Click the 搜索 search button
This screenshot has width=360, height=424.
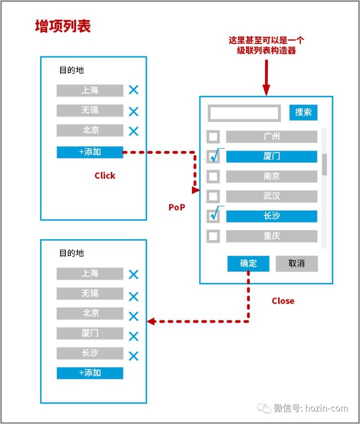click(x=303, y=112)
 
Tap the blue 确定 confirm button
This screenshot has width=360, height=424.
click(x=248, y=263)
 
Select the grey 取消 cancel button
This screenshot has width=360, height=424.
click(x=296, y=263)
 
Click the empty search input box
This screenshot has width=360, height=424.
click(x=244, y=113)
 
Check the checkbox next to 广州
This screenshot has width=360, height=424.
click(x=213, y=137)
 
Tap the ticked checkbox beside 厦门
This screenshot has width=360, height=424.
click(x=213, y=157)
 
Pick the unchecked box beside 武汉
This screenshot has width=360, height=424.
click(x=213, y=196)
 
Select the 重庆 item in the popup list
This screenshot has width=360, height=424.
click(x=271, y=236)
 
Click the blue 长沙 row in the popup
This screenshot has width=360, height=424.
click(x=271, y=216)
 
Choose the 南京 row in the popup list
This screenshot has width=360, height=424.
click(x=271, y=176)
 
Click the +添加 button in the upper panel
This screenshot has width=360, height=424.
click(x=90, y=152)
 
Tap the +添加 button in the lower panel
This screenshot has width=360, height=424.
click(x=90, y=373)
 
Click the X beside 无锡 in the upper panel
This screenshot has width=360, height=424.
click(x=133, y=111)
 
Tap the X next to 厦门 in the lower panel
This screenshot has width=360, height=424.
click(x=133, y=336)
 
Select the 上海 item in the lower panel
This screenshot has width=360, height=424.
click(x=90, y=274)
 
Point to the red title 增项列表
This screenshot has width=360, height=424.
click(x=63, y=26)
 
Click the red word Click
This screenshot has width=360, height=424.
click(x=105, y=176)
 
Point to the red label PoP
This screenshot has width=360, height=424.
click(x=177, y=207)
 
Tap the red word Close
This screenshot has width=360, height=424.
click(x=283, y=301)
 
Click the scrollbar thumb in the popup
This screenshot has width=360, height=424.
click(x=324, y=164)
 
